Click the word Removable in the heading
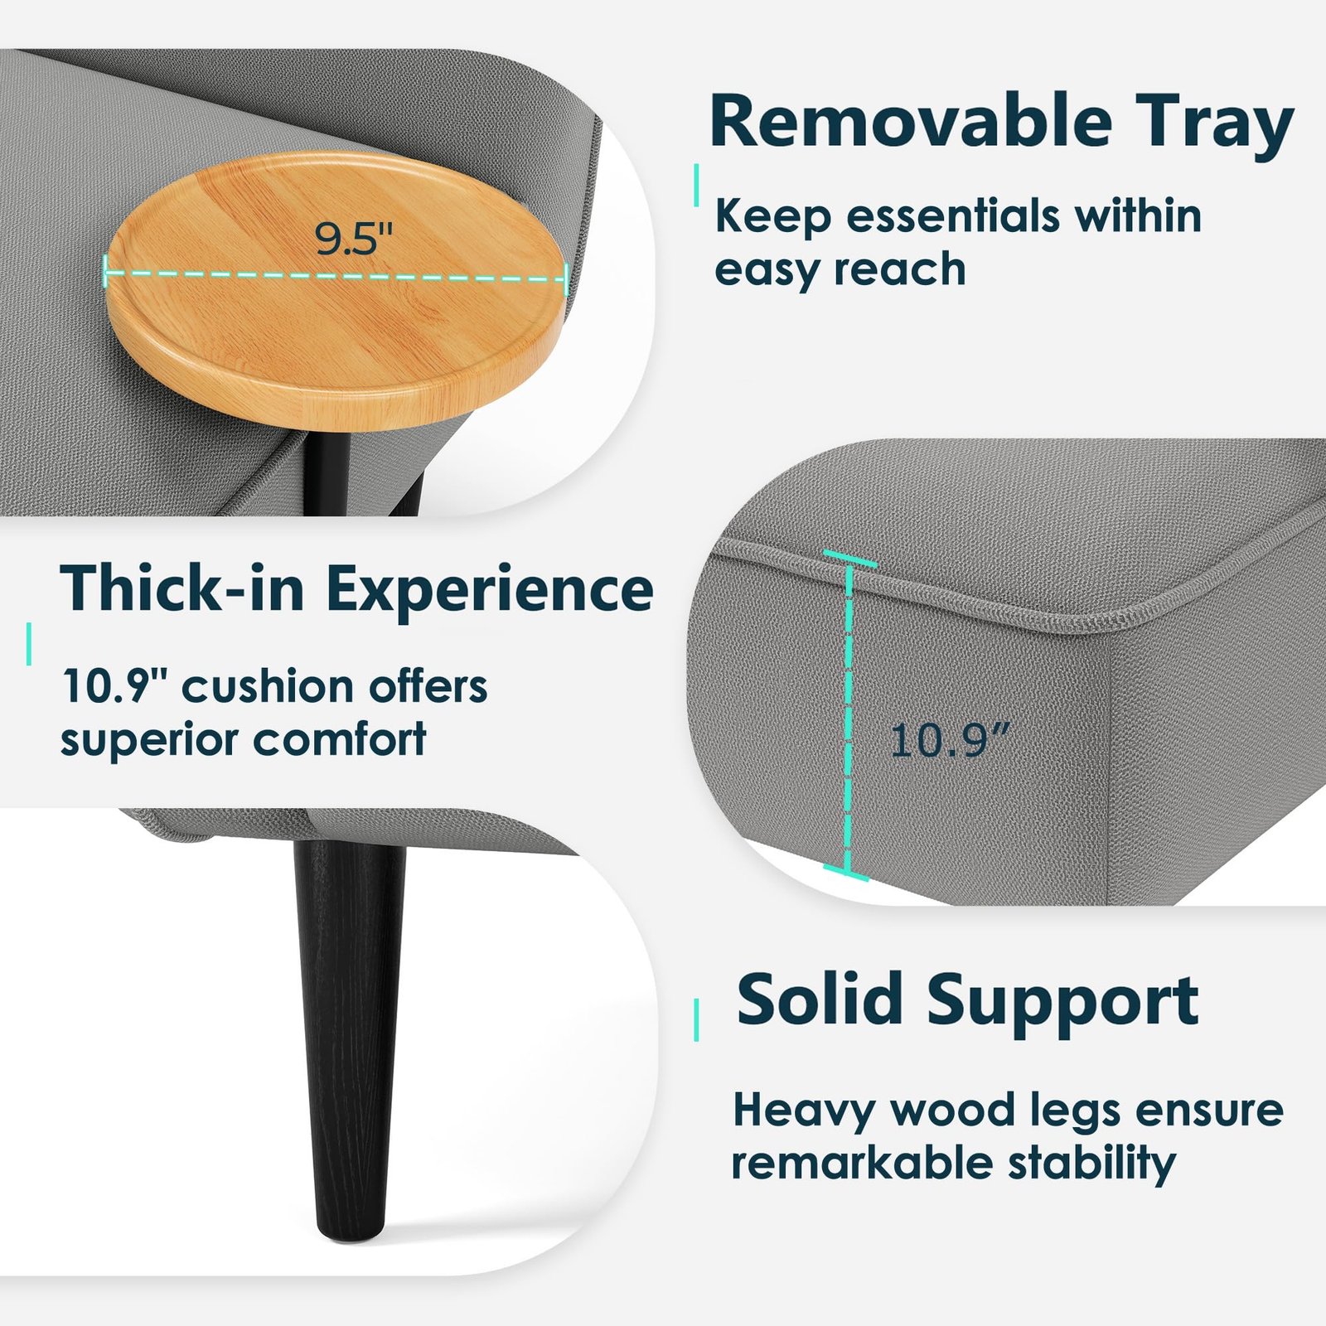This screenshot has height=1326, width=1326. (x=910, y=121)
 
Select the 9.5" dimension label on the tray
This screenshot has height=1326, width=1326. (x=353, y=239)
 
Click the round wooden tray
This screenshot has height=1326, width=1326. (x=336, y=290)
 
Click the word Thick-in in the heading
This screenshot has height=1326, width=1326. (x=182, y=588)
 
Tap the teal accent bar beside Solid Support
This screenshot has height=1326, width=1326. (x=696, y=1019)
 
